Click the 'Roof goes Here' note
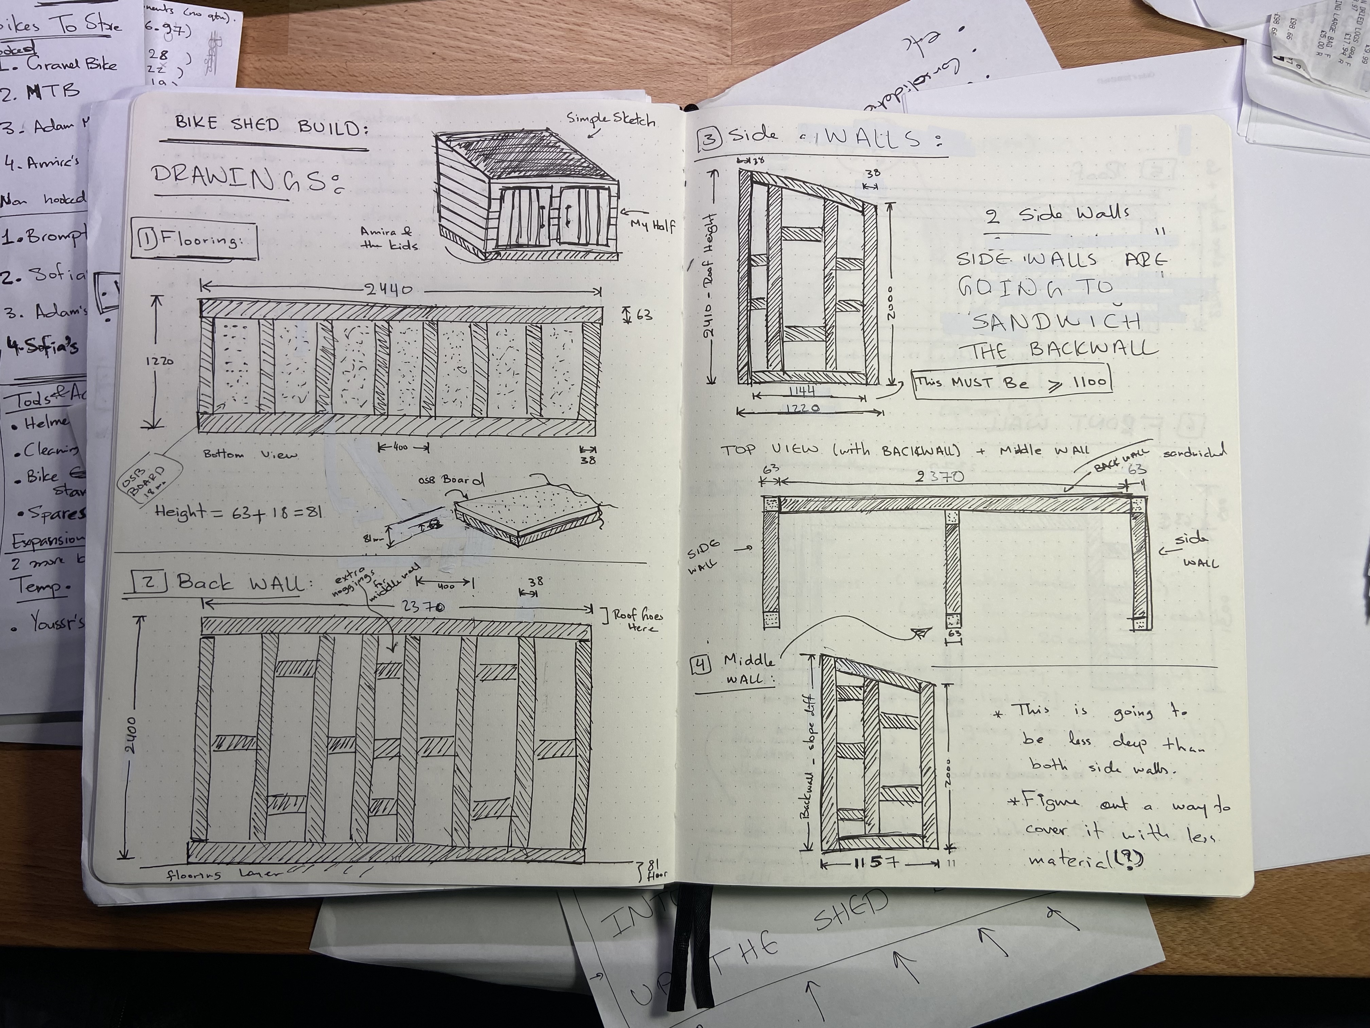tap(637, 621)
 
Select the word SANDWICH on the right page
tap(1056, 321)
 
